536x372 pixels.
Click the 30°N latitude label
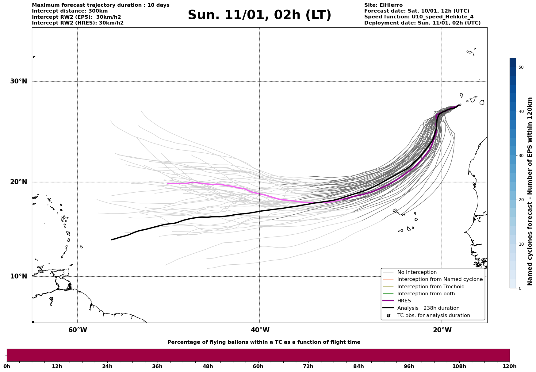click(18, 81)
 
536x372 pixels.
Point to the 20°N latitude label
click(18, 182)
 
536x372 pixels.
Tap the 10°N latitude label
click(18, 276)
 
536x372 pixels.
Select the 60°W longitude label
click(78, 330)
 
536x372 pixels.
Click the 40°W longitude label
click(260, 330)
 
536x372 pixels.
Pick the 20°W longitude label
click(442, 330)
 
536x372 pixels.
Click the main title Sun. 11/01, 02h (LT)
click(259, 15)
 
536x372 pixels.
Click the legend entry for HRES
click(404, 301)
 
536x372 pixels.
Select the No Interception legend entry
click(417, 272)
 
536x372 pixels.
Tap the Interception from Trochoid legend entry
click(431, 287)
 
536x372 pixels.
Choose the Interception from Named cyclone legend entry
click(440, 279)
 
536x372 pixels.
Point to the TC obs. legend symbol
click(389, 316)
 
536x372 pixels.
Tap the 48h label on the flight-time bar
click(208, 366)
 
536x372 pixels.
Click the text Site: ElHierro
click(383, 5)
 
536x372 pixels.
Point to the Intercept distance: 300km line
click(70, 11)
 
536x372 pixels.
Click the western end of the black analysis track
click(112, 240)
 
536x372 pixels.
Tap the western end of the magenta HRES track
click(168, 183)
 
